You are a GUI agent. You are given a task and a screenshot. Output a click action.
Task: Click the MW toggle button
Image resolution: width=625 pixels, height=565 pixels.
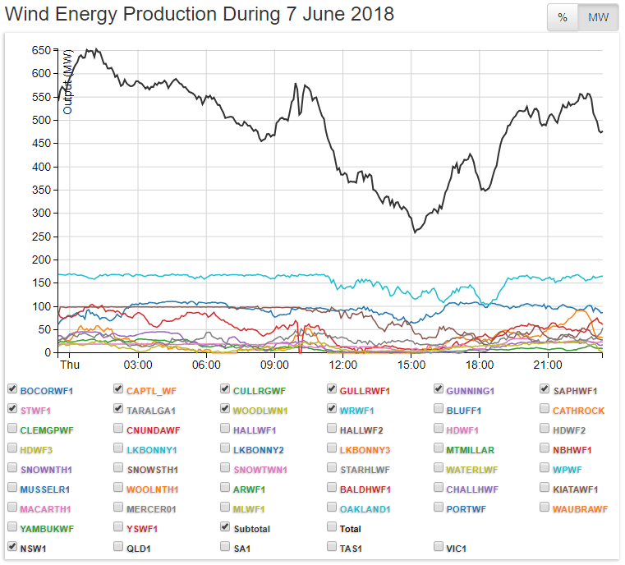pos(598,18)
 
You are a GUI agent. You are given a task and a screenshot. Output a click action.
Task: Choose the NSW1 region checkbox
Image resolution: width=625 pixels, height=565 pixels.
pos(12,545)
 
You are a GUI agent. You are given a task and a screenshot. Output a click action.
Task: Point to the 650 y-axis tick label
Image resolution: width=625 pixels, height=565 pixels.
pos(41,51)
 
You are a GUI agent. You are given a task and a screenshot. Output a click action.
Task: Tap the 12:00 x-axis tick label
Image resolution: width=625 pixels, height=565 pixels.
pos(342,365)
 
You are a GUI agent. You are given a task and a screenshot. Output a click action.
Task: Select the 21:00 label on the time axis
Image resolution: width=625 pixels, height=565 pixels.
pos(548,365)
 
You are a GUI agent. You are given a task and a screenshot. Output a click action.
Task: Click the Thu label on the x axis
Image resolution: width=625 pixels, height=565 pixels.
pos(70,365)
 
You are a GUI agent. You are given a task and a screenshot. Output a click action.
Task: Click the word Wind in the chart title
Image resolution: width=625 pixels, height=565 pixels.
pos(30,15)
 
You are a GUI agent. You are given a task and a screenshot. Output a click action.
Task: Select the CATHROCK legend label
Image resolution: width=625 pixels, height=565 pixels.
pos(578,410)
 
